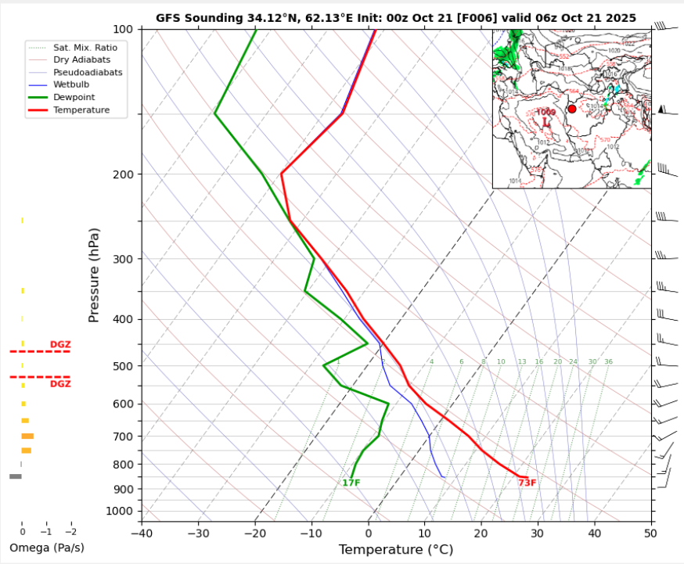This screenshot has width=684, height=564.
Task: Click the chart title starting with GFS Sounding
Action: [x=395, y=17]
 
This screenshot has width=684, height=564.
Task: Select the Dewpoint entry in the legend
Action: [x=70, y=96]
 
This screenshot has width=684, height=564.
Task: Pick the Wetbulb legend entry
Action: [x=71, y=84]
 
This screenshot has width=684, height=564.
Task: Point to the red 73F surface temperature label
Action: [x=527, y=483]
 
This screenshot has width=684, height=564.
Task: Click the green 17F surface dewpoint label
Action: [x=351, y=483]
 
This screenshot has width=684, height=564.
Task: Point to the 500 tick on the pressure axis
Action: [x=124, y=366]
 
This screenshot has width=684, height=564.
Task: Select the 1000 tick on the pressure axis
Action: [x=121, y=512]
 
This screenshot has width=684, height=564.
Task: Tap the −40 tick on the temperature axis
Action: [x=142, y=533]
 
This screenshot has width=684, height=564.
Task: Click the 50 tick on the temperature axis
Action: [x=650, y=533]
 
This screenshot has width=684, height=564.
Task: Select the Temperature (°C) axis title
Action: [x=396, y=550]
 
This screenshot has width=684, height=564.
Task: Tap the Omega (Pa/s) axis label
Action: [x=46, y=547]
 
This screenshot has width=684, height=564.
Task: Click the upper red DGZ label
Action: [x=60, y=344]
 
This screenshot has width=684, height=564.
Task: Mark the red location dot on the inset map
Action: [x=571, y=109]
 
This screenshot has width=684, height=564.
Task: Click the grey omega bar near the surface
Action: [x=16, y=476]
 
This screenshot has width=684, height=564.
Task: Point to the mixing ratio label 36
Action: [x=608, y=361]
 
